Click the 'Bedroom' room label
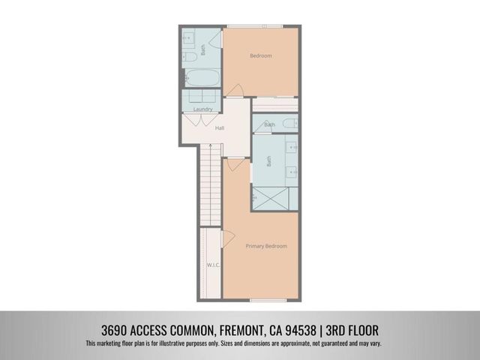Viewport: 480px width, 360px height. coord(260,56)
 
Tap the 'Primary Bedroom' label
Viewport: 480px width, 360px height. coord(266,246)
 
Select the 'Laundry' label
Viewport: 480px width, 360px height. coord(202,109)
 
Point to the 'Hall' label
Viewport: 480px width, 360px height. coord(220,128)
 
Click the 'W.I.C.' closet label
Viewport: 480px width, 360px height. coord(212,265)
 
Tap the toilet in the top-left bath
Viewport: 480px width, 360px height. coord(189,55)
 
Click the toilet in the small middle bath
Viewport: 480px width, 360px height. coord(259,124)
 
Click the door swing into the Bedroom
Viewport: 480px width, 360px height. coord(234,91)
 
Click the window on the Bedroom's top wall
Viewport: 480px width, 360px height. coord(255,27)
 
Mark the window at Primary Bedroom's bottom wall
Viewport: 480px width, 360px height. coord(268,300)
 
